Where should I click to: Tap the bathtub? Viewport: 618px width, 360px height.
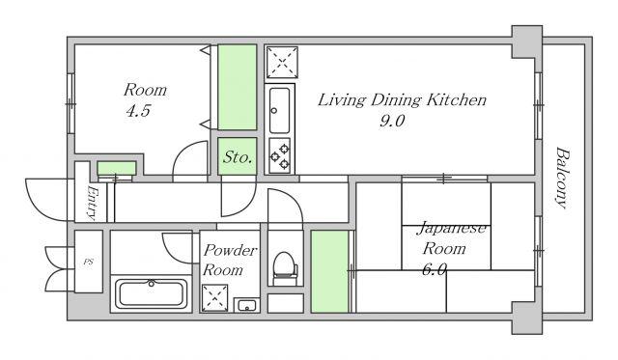coord(151,293)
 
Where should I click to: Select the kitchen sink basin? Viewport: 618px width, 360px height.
coord(279,110)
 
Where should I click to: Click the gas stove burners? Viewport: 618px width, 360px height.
coord(280,155)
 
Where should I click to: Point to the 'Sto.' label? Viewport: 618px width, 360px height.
coord(238,157)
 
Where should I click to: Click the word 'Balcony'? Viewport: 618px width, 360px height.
coord(563,178)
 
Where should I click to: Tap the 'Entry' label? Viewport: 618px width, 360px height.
coord(91,203)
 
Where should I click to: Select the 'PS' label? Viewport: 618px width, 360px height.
coord(89,262)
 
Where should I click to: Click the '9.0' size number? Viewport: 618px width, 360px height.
coord(392,121)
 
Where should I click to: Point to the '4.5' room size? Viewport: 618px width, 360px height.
coord(138,111)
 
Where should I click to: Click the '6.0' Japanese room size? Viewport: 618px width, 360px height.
coord(435,270)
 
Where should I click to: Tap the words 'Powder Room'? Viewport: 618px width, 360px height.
coord(230,260)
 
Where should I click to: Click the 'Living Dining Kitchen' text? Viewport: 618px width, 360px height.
coord(402,100)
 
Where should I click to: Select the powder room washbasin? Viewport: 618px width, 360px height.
coord(247,305)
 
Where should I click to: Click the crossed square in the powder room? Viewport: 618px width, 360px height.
coord(214,298)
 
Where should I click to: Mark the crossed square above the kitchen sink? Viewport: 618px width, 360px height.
coord(282,62)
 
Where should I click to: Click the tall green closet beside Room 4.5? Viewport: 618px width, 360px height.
coord(238,87)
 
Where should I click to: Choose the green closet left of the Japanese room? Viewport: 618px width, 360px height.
coord(330,271)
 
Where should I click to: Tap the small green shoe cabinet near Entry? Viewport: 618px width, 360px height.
coord(117,168)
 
